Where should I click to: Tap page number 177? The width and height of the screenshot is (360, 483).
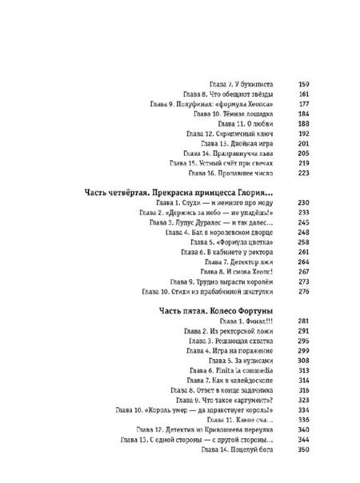pos(282,104)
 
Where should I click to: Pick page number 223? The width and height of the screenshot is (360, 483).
pos(282,171)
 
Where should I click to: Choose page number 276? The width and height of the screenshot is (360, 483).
pos(282,293)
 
